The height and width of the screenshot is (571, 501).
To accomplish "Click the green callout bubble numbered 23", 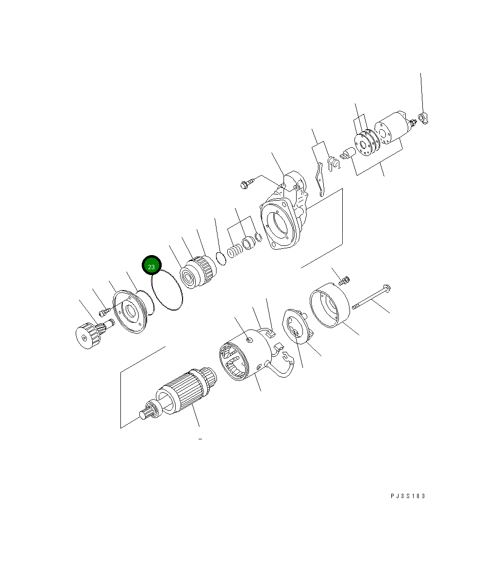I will [151, 266].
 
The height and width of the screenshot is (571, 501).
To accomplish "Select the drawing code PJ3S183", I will [407, 496].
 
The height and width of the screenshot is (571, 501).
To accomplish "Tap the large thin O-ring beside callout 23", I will [167, 291].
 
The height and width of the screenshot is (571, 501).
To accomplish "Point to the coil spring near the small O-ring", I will [234, 251].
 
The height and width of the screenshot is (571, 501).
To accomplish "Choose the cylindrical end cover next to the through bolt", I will [330, 307].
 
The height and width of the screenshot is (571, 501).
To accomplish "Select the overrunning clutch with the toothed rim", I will [196, 273].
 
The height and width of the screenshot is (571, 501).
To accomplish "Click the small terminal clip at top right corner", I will [423, 118].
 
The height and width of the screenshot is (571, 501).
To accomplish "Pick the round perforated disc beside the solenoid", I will [364, 141].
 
